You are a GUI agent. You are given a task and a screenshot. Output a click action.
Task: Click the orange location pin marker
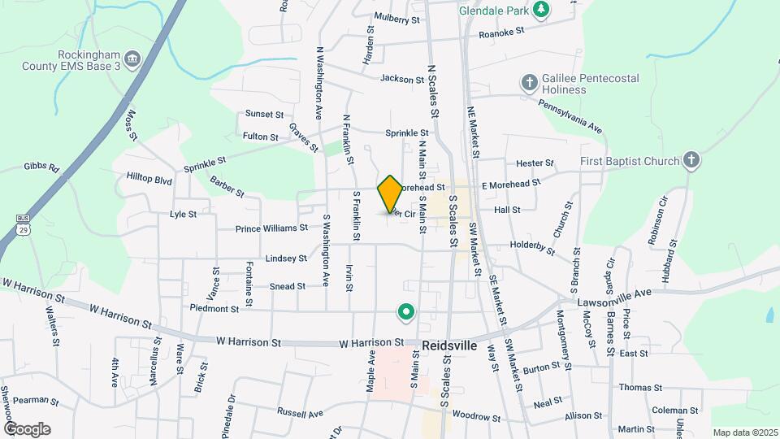tap(390, 193)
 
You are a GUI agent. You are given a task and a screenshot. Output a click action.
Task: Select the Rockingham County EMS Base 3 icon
tap(134, 58)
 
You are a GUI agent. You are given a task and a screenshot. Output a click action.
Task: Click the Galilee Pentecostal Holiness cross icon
tap(529, 83)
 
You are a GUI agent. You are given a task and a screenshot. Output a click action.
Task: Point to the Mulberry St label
tap(397, 19)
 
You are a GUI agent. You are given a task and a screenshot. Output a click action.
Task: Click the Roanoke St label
tap(502, 33)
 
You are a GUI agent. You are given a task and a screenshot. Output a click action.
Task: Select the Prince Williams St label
tap(271, 228)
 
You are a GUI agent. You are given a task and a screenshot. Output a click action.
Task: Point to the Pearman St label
tap(32, 400)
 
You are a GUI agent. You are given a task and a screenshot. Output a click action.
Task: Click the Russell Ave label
tap(300, 413)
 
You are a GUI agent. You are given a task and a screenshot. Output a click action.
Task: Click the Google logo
tap(27, 429)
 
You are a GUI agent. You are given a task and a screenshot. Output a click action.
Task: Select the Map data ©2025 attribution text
tap(745, 432)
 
